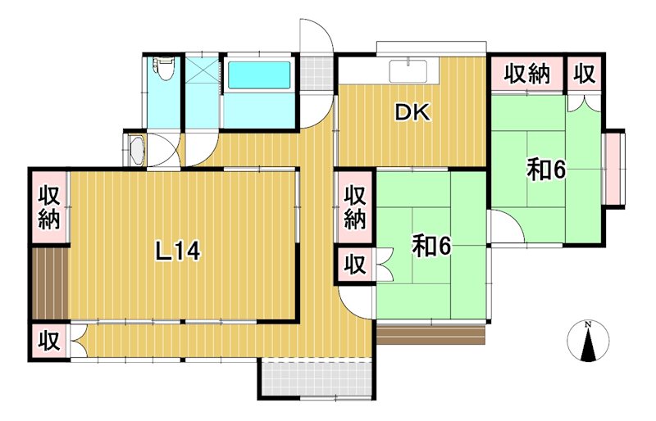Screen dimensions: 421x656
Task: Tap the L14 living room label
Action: (178, 252)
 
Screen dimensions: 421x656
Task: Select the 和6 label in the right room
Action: (547, 170)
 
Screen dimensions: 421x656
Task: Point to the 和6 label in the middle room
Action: (431, 246)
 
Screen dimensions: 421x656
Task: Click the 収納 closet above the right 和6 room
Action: (526, 75)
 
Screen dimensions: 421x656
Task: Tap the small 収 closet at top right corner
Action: (584, 75)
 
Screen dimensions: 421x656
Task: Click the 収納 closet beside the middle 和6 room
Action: (354, 207)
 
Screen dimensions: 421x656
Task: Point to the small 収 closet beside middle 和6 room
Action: (354, 266)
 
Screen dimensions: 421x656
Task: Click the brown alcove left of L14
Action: (49, 282)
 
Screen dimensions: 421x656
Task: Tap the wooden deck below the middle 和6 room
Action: (431, 335)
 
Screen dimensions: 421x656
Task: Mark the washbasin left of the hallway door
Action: (137, 151)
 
